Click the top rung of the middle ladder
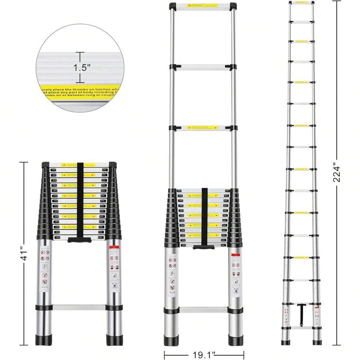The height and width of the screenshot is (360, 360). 202,6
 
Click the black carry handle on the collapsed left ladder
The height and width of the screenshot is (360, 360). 78,240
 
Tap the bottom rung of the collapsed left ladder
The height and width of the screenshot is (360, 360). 79,308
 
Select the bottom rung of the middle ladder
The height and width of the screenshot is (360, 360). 203,310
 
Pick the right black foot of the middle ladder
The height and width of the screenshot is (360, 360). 236,340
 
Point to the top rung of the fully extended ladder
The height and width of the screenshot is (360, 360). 302,2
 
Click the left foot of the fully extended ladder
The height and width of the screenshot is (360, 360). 286,342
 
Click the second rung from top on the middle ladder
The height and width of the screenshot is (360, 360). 202,67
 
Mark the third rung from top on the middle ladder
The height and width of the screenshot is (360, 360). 202,128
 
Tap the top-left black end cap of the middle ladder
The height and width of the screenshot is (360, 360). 172,6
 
